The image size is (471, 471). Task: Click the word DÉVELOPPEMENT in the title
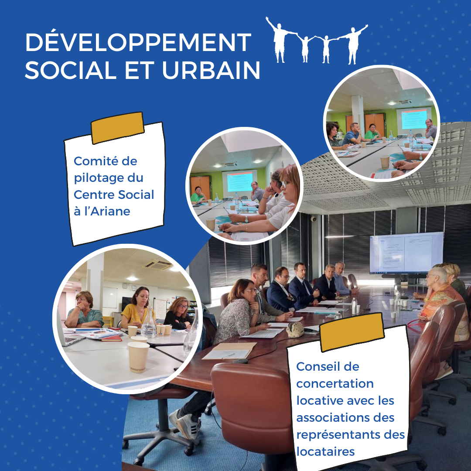click(x=138, y=42)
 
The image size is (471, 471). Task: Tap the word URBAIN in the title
click(x=211, y=70)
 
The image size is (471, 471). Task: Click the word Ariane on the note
click(x=110, y=212)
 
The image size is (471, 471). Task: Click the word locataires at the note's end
click(x=326, y=451)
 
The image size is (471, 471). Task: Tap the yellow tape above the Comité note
click(x=117, y=128)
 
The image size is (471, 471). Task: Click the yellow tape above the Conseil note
click(x=352, y=332)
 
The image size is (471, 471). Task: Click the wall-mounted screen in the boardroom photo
click(x=406, y=253)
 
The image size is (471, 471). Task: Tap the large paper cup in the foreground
click(x=138, y=357)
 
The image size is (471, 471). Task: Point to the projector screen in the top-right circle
click(x=414, y=119)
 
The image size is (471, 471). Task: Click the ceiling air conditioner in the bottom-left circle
click(x=158, y=264)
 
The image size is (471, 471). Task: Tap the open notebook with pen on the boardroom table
click(x=229, y=351)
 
